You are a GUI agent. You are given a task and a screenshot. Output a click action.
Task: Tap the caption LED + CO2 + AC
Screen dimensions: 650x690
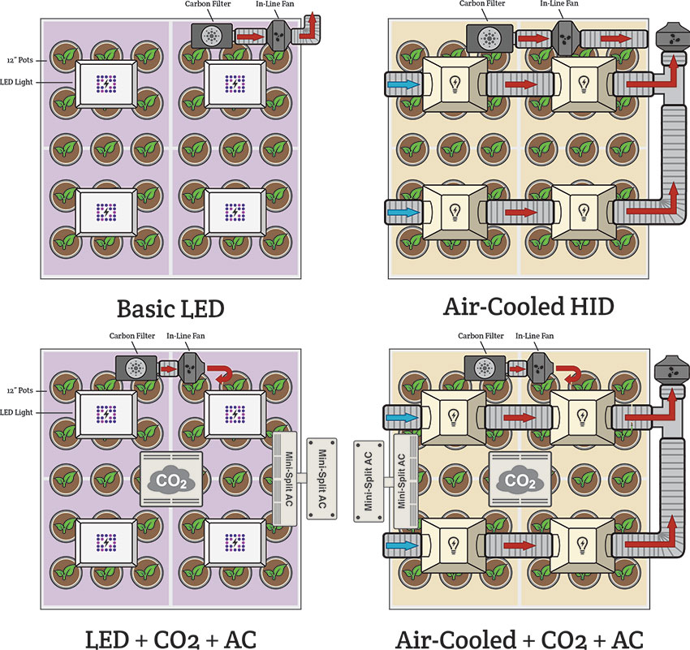172,631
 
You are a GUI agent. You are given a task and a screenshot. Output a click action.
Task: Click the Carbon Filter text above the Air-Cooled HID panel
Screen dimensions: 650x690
485,5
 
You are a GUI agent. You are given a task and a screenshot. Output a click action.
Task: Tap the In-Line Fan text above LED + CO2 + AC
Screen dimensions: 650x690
184,337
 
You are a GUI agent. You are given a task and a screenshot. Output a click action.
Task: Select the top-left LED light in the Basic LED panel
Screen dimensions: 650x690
107,83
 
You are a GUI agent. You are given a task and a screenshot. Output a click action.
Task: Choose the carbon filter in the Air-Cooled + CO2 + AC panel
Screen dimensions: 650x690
483,367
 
